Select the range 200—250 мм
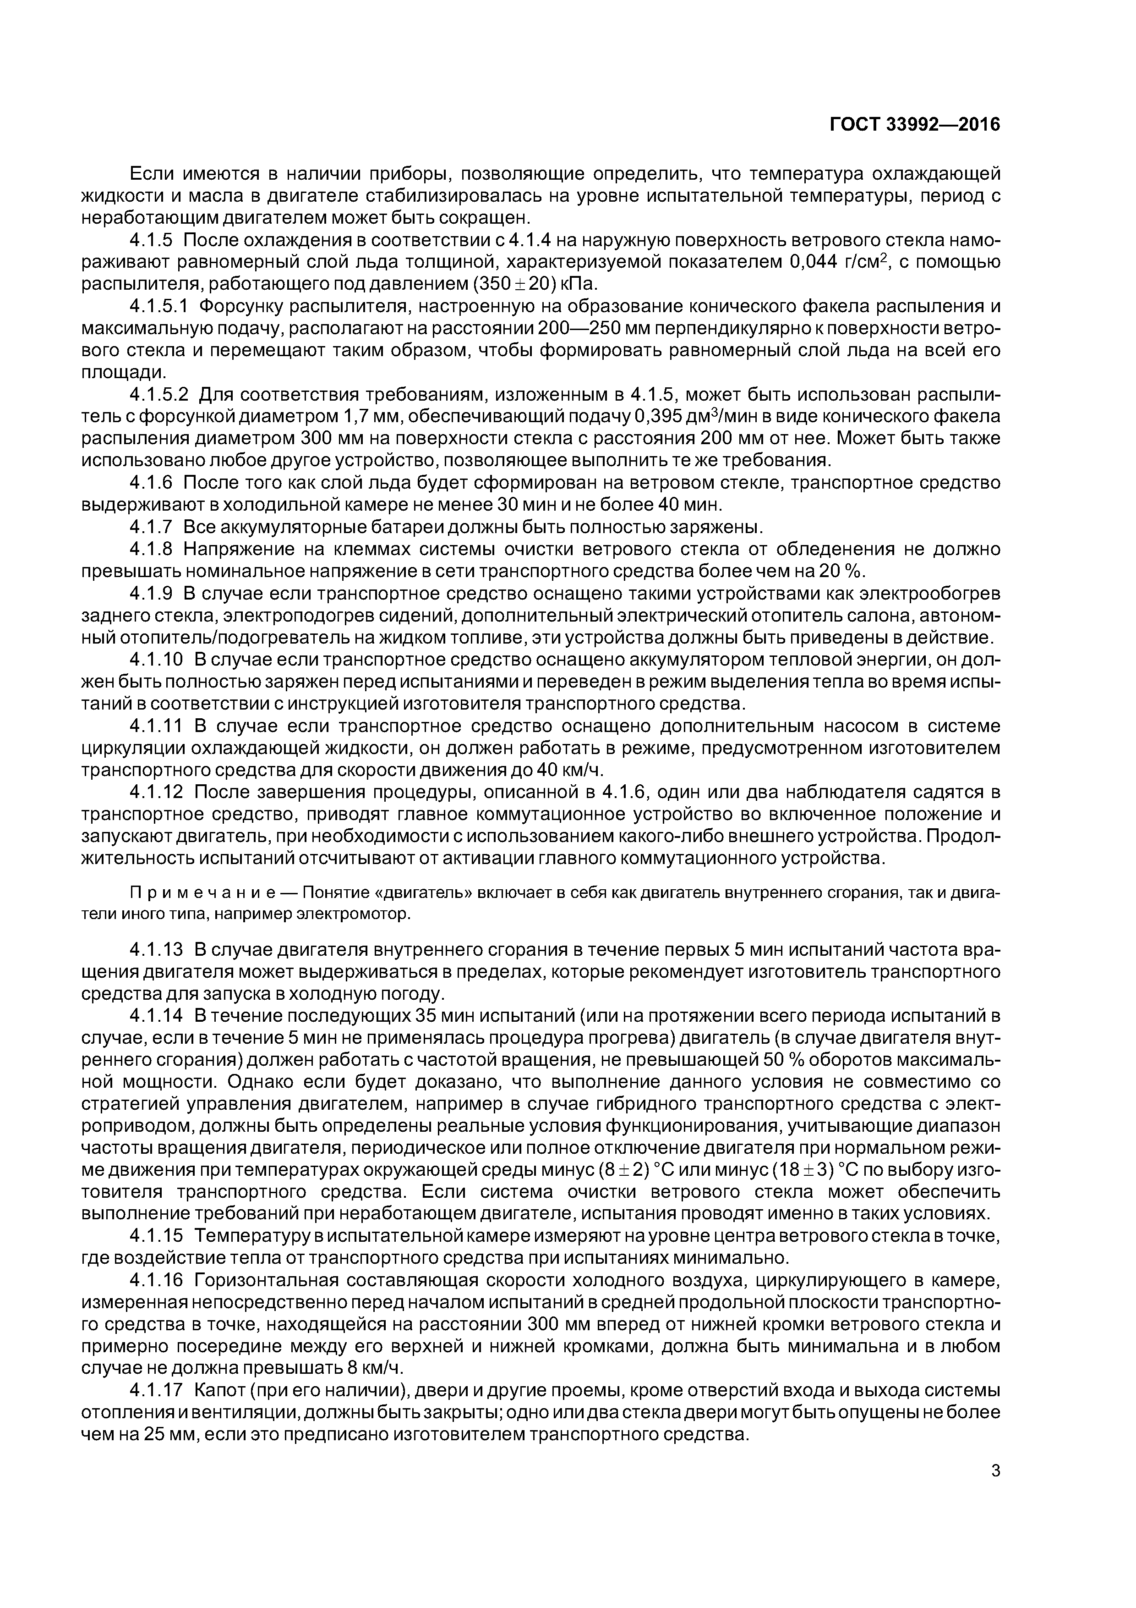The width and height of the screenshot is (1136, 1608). coord(604,329)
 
